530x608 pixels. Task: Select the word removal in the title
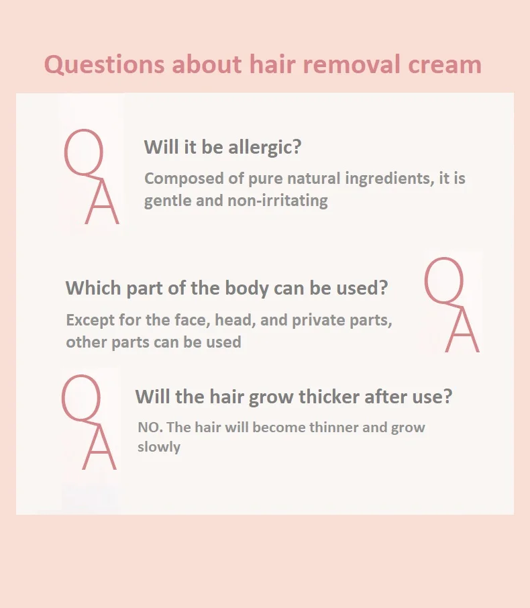[x=354, y=65]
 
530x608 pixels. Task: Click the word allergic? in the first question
[x=264, y=147]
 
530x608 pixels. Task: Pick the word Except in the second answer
[x=87, y=320]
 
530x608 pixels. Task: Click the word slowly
[x=159, y=447]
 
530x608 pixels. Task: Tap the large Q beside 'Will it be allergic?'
[x=84, y=154]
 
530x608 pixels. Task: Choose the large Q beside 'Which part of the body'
[x=444, y=281]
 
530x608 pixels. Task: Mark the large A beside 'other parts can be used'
[x=462, y=332]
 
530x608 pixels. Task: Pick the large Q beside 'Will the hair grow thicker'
[x=81, y=399]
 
